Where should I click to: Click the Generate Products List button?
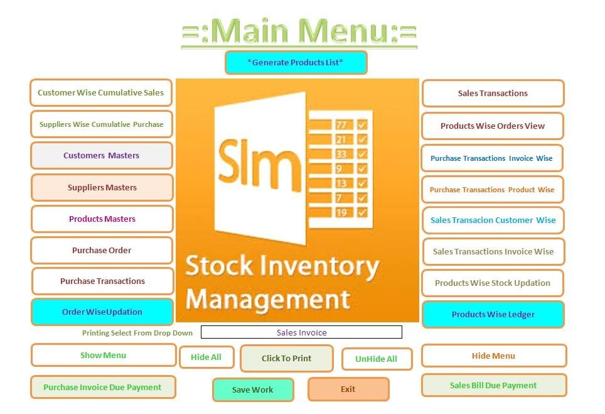click(296, 63)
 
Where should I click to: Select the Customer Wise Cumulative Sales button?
click(101, 93)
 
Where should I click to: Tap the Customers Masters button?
click(101, 156)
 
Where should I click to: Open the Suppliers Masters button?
click(102, 187)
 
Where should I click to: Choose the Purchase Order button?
click(101, 250)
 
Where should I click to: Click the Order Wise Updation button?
click(102, 312)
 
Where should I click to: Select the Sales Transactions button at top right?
click(493, 94)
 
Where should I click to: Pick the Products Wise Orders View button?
click(493, 126)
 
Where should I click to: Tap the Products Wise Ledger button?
click(493, 314)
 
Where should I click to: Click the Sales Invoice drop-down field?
click(301, 332)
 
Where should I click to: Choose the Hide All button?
click(206, 357)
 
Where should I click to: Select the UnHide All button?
click(377, 359)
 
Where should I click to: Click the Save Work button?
click(252, 389)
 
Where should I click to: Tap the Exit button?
click(348, 389)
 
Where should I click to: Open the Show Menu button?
click(103, 355)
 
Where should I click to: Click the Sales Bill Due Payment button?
click(493, 385)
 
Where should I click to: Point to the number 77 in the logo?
click(341, 124)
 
